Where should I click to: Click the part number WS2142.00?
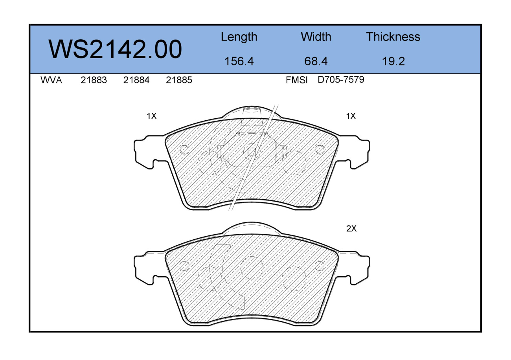tap(115, 50)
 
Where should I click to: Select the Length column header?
tap(239, 37)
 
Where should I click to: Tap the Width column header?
tap(316, 37)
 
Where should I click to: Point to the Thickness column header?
tap(393, 37)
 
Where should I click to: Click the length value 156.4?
tap(239, 61)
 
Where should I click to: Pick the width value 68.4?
tap(316, 61)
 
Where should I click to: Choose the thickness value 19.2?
tap(393, 61)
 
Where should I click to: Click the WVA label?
tap(51, 80)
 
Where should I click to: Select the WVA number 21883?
tap(94, 80)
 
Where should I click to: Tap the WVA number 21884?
tap(136, 80)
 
